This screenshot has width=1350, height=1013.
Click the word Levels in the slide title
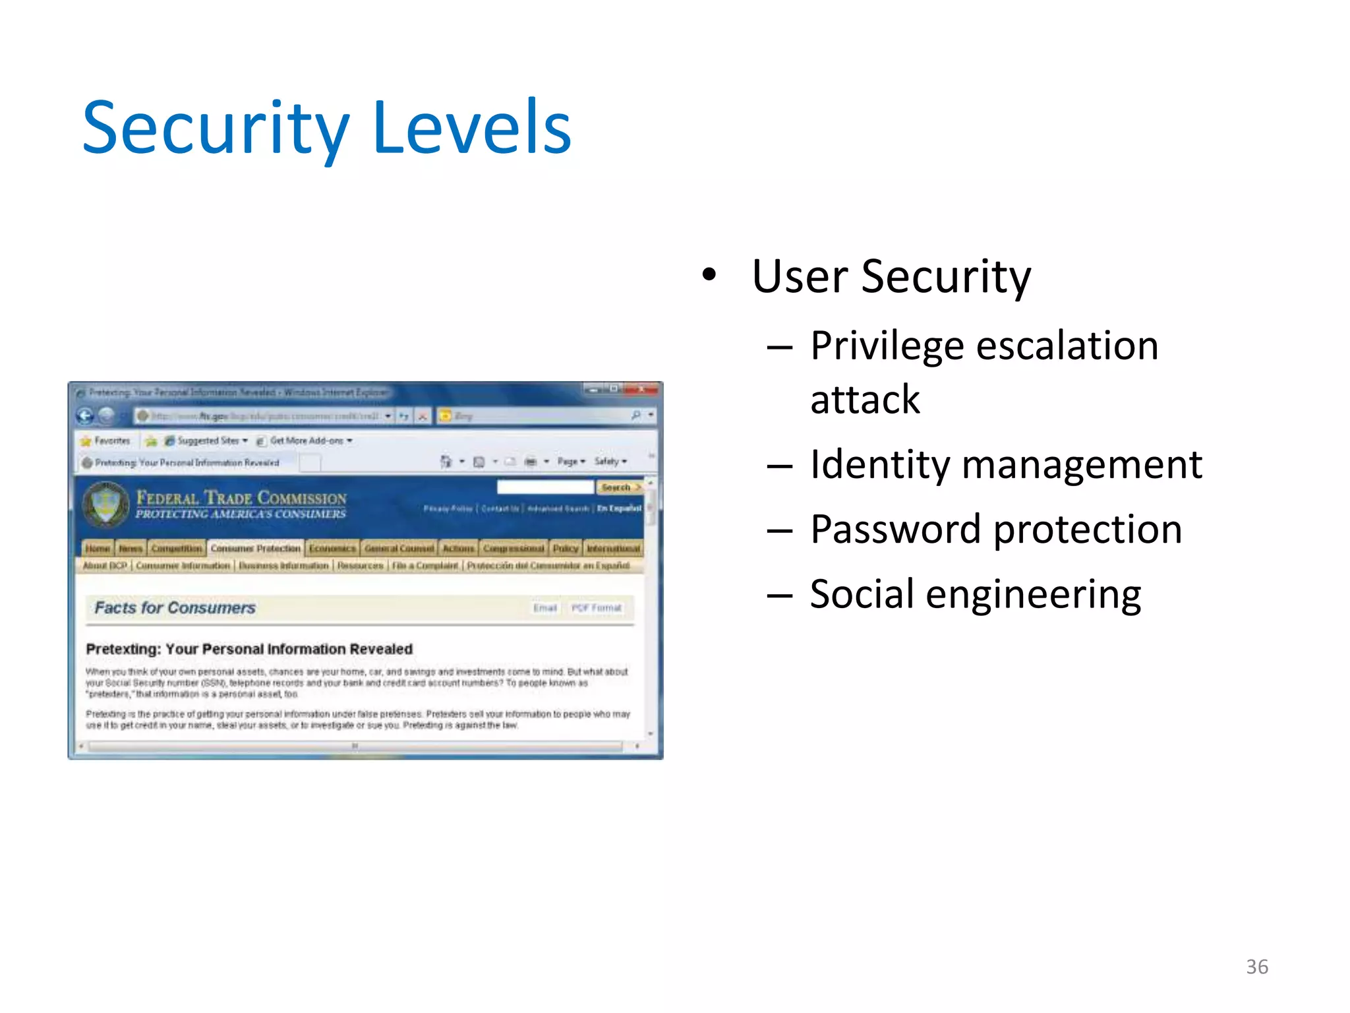(471, 128)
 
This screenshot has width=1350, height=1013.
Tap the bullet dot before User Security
(709, 274)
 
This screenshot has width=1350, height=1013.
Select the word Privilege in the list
(887, 346)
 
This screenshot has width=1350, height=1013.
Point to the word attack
(865, 400)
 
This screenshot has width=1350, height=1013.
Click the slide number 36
(1256, 967)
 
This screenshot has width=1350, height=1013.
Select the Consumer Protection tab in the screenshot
(255, 548)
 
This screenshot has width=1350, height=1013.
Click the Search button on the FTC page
(618, 487)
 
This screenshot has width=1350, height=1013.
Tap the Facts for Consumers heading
(175, 607)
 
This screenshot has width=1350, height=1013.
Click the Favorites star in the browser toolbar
(86, 441)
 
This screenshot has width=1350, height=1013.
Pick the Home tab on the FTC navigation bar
(98, 548)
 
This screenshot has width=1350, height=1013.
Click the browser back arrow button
(85, 415)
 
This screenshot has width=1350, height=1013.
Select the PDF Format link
(596, 607)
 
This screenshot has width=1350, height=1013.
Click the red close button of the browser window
(641, 390)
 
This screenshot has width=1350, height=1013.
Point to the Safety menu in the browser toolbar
(609, 461)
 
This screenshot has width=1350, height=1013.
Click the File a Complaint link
(425, 566)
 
